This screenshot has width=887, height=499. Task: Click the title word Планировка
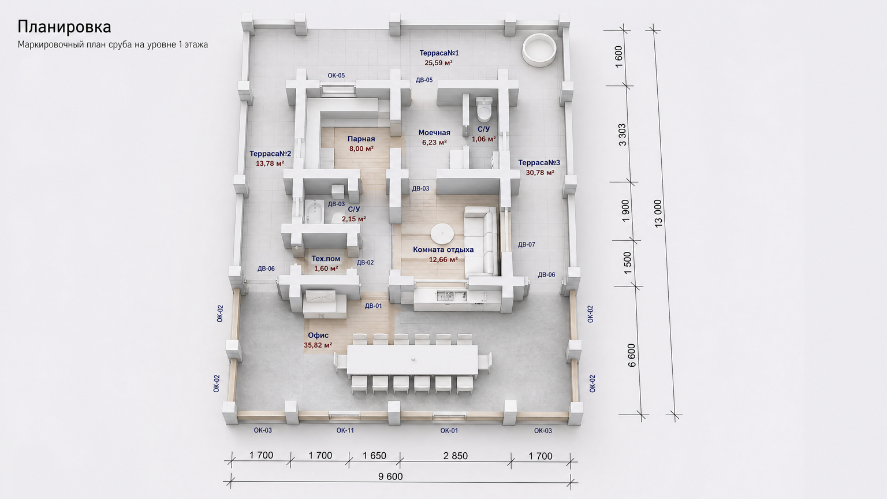pyautogui.click(x=64, y=27)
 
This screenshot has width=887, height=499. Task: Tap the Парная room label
pyautogui.click(x=361, y=139)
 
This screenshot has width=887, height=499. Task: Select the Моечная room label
pyautogui.click(x=434, y=133)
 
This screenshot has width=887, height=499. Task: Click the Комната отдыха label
pyautogui.click(x=443, y=249)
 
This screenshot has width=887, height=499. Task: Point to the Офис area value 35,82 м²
pyautogui.click(x=318, y=345)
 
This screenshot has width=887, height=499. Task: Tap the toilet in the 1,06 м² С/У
pyautogui.click(x=483, y=109)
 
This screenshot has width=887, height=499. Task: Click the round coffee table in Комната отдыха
pyautogui.click(x=442, y=234)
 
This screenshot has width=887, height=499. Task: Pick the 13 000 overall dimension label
pyautogui.click(x=658, y=214)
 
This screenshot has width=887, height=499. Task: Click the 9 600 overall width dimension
pyautogui.click(x=390, y=476)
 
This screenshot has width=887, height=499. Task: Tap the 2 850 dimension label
pyautogui.click(x=456, y=456)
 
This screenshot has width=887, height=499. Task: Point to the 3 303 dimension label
pyautogui.click(x=622, y=135)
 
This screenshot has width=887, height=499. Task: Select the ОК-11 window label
pyautogui.click(x=345, y=430)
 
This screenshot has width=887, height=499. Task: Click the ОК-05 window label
pyautogui.click(x=336, y=75)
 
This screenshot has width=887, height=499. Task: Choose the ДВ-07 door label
pyautogui.click(x=526, y=244)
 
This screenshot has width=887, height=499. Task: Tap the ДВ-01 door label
pyautogui.click(x=374, y=306)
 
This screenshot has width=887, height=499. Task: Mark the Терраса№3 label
pyautogui.click(x=539, y=163)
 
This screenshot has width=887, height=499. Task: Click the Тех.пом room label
pyautogui.click(x=326, y=259)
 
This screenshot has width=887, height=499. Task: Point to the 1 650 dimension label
pyautogui.click(x=374, y=456)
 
